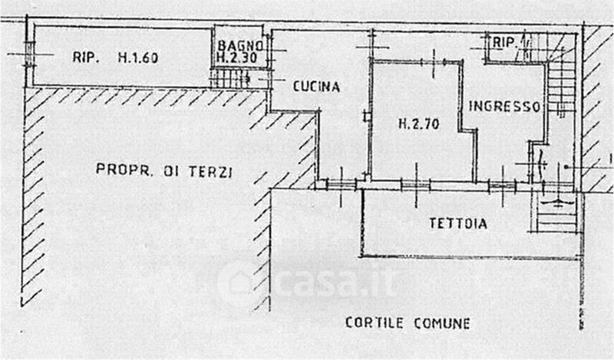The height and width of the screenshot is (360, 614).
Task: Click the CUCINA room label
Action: [316, 87]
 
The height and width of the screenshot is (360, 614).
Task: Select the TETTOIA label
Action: [458, 223]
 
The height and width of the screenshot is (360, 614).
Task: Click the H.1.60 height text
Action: [138, 56]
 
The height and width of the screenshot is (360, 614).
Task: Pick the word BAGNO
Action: [240, 45]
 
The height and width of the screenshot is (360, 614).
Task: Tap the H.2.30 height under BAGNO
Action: [239, 57]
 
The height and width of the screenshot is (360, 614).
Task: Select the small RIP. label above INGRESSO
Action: [503, 42]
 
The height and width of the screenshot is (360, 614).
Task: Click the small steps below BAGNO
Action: [230, 78]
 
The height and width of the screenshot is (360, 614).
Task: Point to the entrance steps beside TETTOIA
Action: [556, 213]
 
